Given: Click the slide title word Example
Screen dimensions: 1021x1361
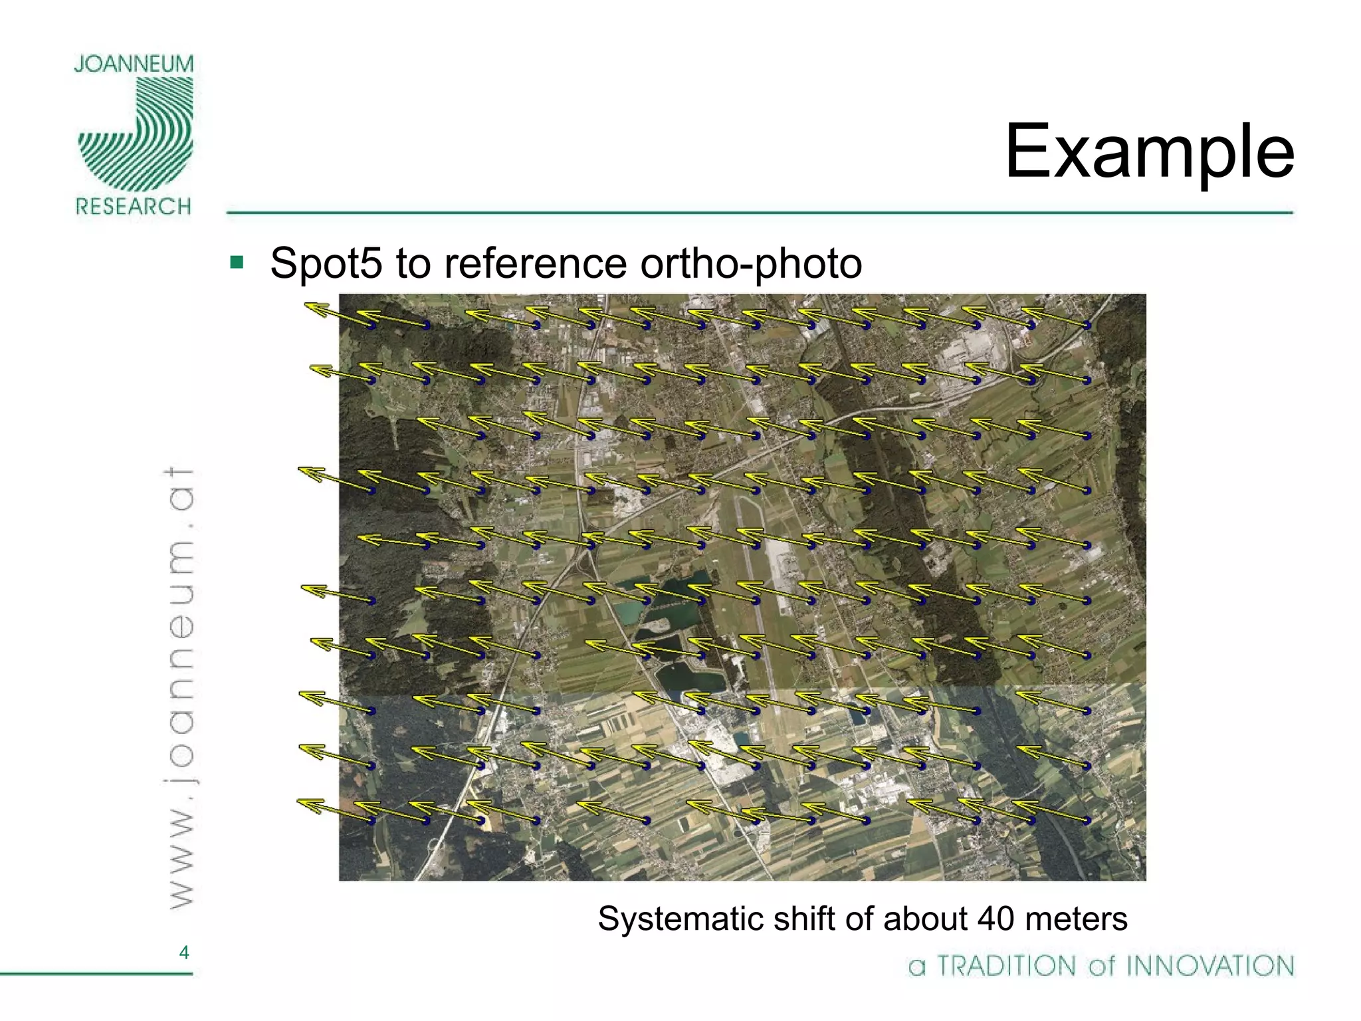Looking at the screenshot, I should click(x=1149, y=153).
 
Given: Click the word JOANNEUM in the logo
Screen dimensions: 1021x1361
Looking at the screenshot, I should click(x=134, y=64).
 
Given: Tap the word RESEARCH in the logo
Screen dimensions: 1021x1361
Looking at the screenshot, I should click(x=134, y=207).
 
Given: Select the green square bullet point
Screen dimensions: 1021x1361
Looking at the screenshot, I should click(x=237, y=262).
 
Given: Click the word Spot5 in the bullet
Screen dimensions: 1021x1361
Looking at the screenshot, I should click(x=326, y=264).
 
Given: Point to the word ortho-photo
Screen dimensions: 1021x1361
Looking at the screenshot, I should click(x=751, y=264).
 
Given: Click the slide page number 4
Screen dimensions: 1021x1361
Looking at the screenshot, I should click(x=184, y=953).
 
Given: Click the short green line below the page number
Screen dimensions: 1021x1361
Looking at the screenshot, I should click(x=96, y=974).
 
